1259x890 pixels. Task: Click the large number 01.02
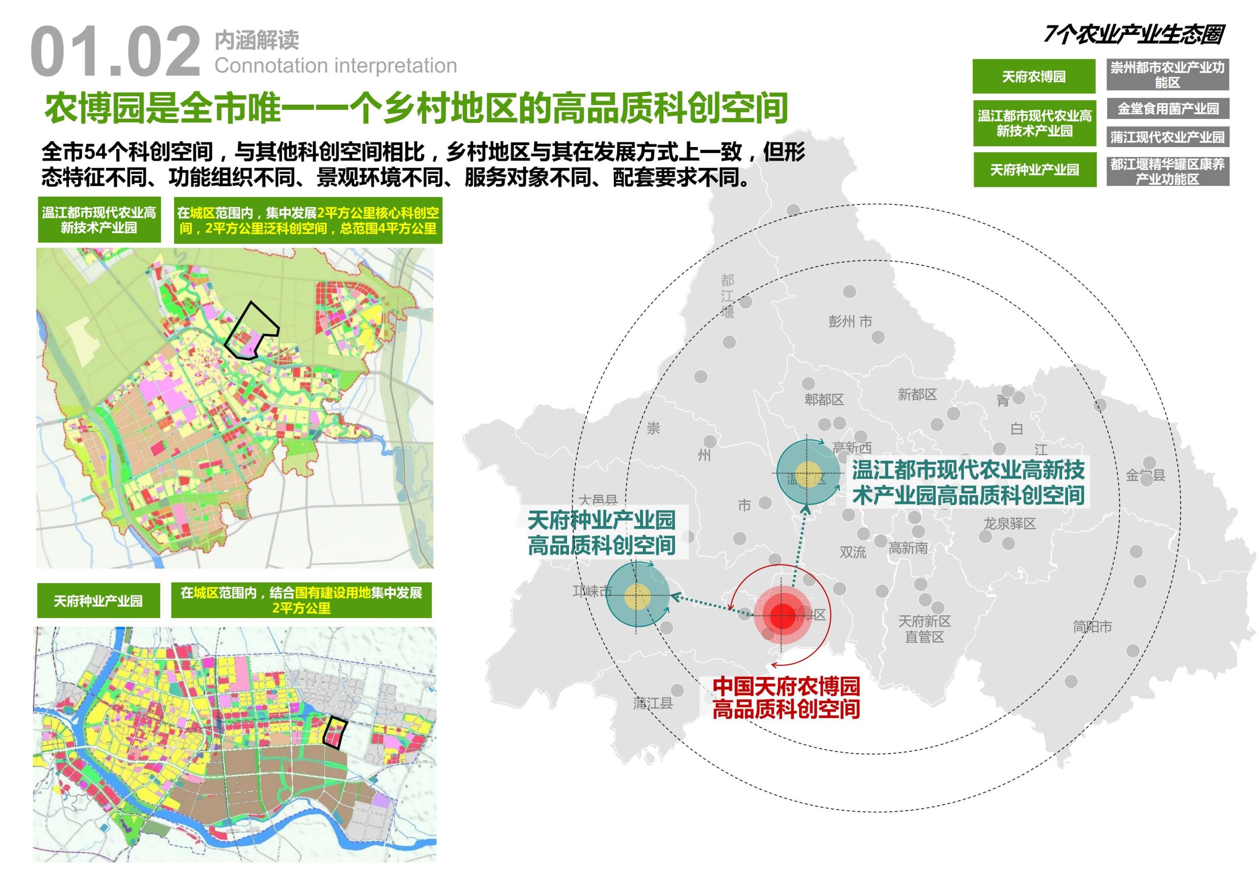tap(115, 52)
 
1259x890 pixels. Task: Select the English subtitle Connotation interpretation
tap(335, 66)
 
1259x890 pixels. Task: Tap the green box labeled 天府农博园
tap(1034, 76)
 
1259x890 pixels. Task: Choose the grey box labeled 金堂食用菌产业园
tap(1168, 109)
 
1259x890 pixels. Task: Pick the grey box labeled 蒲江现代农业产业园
tap(1168, 137)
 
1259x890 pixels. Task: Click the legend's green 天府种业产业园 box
tap(1034, 170)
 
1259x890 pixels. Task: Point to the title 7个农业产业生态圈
tap(1134, 34)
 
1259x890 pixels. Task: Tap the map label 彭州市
tap(850, 322)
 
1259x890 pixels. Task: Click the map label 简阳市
tap(1092, 626)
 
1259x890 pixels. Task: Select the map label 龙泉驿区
tap(1010, 524)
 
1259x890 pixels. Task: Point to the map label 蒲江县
tap(653, 703)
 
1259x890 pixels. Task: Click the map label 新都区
tap(917, 394)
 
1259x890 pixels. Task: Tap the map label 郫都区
tap(824, 400)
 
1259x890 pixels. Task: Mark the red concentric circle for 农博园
tap(782, 615)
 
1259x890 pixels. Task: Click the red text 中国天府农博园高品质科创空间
tap(786, 698)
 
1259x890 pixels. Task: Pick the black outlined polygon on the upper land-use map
tap(252, 331)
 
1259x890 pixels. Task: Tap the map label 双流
tap(853, 552)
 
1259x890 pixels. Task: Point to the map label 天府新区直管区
tap(924, 629)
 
